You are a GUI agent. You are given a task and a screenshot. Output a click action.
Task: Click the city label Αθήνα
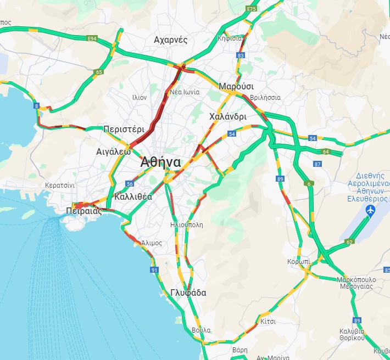(160, 162)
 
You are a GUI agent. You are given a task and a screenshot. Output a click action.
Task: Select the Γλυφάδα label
(188, 293)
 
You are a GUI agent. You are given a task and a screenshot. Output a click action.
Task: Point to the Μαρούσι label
(236, 87)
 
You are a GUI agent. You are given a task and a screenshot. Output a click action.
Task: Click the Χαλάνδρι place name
(228, 116)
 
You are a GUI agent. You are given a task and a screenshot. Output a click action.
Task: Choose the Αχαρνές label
(171, 40)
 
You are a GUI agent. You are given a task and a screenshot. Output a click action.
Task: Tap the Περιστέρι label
(124, 130)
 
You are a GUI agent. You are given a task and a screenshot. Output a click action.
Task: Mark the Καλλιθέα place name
(133, 196)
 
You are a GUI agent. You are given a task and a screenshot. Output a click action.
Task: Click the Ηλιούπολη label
(187, 225)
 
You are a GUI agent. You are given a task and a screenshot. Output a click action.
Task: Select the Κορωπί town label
(298, 262)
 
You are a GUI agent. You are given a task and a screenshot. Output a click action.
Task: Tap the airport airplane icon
(369, 211)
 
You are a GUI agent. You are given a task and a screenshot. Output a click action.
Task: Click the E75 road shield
(252, 9)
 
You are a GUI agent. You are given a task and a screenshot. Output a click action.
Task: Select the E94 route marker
(92, 38)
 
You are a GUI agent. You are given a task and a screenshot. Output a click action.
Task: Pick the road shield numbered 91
(154, 270)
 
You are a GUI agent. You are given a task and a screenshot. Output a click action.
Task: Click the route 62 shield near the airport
(350, 241)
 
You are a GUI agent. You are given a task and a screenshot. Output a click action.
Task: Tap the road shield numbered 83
(240, 55)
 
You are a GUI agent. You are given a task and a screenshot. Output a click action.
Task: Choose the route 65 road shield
(99, 72)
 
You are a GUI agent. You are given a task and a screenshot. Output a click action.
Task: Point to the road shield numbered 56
(130, 184)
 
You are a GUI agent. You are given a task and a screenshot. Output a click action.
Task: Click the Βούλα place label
(201, 330)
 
